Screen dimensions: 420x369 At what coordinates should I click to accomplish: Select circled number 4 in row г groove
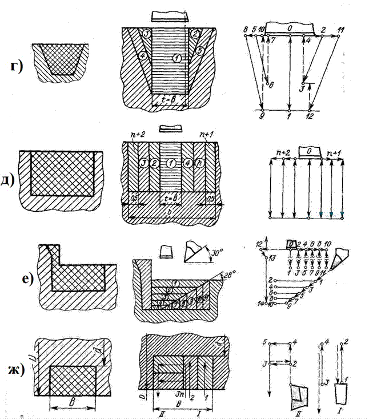click(142, 55)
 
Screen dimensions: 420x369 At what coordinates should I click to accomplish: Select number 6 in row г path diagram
click(272, 84)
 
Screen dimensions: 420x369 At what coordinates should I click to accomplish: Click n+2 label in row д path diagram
click(280, 153)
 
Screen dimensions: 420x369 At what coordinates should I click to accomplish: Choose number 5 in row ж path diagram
click(265, 343)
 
